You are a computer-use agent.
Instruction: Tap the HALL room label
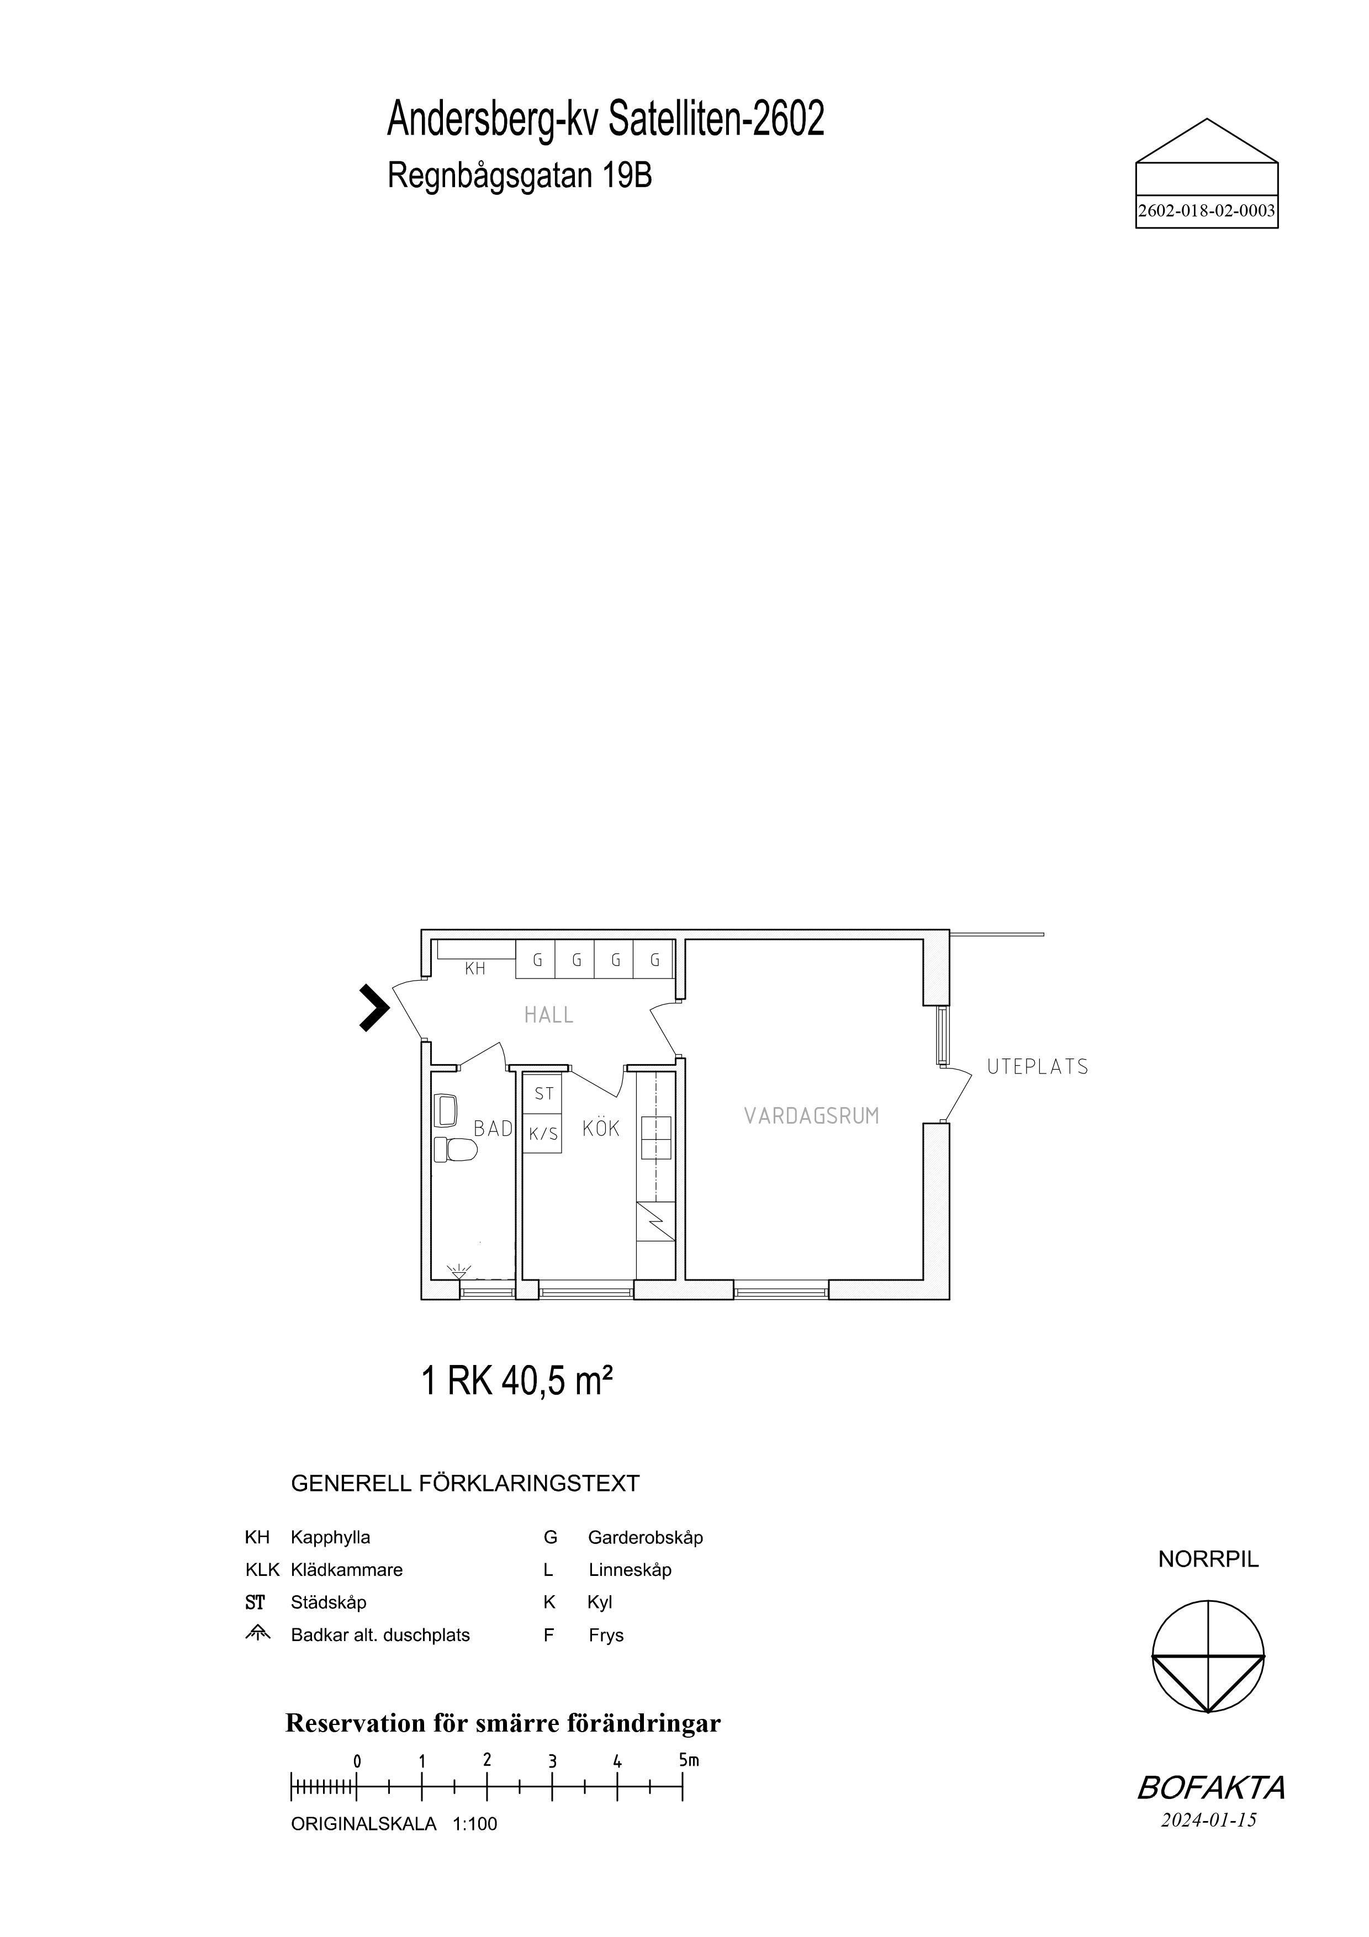pyautogui.click(x=548, y=1015)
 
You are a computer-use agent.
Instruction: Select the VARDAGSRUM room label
pyautogui.click(x=811, y=1116)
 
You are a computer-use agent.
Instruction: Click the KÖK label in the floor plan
pyautogui.click(x=601, y=1128)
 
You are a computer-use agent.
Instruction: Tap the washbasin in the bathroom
pyautogui.click(x=445, y=1109)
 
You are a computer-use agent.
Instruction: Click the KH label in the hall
pyautogui.click(x=475, y=969)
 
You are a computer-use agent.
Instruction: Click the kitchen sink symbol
pyautogui.click(x=656, y=1137)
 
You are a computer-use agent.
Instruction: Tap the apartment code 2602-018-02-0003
pyautogui.click(x=1206, y=211)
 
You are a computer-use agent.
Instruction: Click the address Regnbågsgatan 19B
pyautogui.click(x=520, y=176)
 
